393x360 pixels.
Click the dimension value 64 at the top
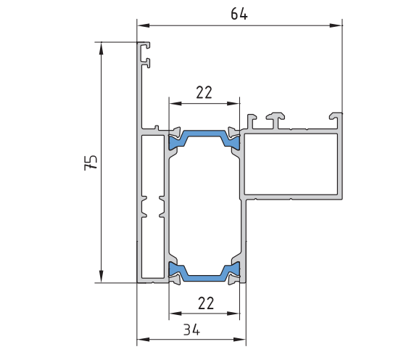click(239, 14)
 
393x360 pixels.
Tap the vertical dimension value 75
click(91, 163)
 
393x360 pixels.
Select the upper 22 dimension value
click(204, 92)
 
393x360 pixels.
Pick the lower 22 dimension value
click(206, 303)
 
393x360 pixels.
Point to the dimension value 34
click(191, 330)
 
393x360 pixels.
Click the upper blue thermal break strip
click(204, 139)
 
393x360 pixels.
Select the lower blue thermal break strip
click(204, 271)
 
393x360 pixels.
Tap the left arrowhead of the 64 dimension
click(144, 25)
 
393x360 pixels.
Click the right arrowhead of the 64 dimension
click(336, 25)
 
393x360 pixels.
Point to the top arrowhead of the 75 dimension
click(101, 49)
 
